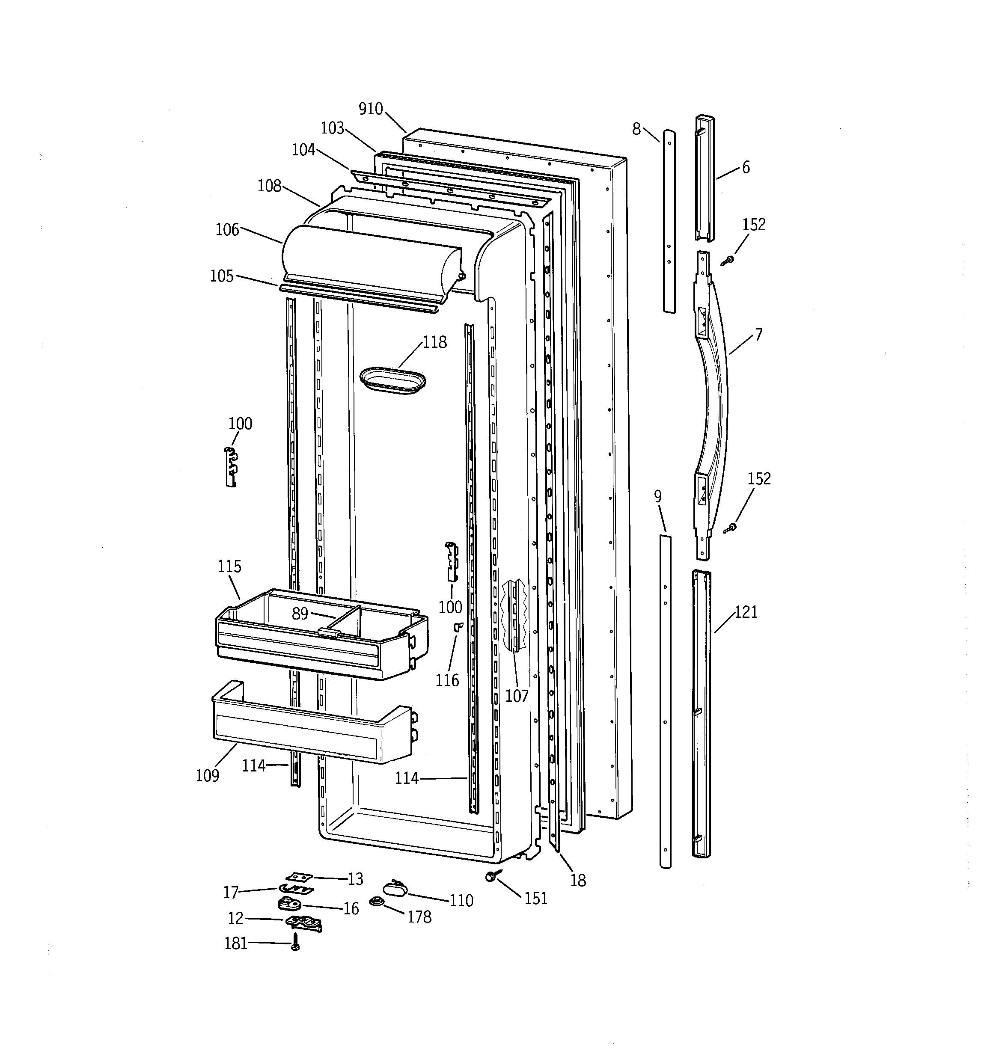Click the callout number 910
tap(370, 109)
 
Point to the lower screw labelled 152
tap(731, 528)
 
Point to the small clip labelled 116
tap(457, 627)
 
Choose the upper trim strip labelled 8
tap(669, 221)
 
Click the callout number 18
tap(578, 881)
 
